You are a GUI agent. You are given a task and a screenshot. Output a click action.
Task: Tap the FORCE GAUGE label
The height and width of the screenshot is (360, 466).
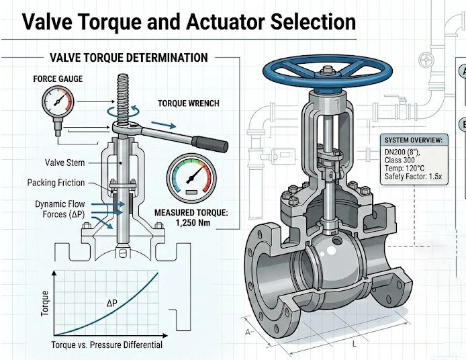click(x=58, y=79)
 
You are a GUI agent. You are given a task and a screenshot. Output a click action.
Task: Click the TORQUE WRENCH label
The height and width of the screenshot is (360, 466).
click(x=189, y=104)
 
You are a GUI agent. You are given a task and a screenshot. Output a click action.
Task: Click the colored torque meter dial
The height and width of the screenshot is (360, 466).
click(x=192, y=177)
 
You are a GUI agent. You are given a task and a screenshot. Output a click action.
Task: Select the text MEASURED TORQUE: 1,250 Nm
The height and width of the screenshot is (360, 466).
click(x=191, y=218)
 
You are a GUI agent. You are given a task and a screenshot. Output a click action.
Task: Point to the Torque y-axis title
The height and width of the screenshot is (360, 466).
click(x=45, y=303)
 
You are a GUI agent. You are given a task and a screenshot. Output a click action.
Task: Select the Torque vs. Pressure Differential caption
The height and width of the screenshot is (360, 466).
click(x=107, y=345)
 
